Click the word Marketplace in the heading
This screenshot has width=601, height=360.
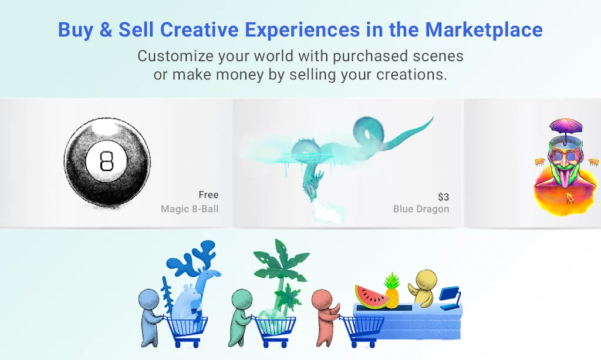[484, 30]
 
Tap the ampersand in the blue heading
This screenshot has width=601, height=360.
[106, 30]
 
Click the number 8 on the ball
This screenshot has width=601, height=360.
[106, 161]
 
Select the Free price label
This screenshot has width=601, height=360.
[208, 195]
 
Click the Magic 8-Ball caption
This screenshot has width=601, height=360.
[190, 209]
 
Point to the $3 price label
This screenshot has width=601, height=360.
[444, 197]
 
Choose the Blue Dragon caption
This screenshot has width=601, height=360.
[421, 209]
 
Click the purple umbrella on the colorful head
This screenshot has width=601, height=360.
[566, 126]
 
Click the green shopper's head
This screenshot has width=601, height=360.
[242, 299]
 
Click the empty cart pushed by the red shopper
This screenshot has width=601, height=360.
[362, 329]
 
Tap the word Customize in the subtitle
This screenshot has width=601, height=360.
[175, 56]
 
